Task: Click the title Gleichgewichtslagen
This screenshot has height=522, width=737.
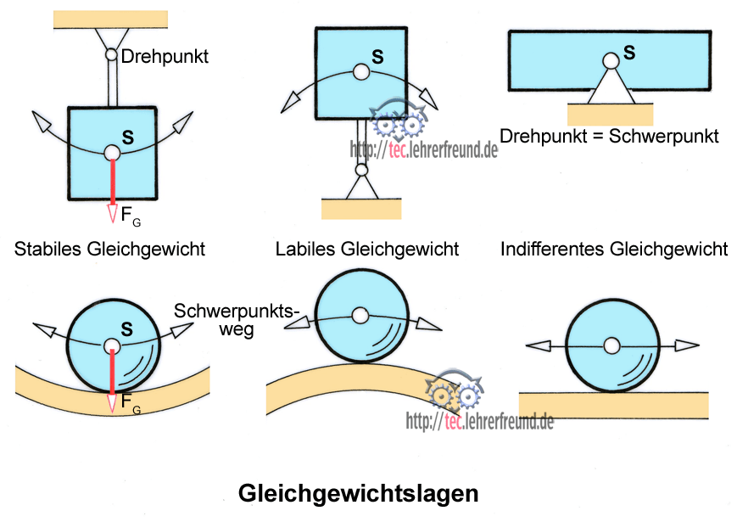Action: coord(359,492)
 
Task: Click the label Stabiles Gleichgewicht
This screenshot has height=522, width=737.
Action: coord(110,249)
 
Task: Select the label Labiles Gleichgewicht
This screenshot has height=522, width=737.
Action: coord(367,249)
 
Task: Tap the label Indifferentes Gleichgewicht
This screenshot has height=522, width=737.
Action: coord(614,249)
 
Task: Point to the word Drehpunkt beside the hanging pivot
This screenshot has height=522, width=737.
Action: coord(165,57)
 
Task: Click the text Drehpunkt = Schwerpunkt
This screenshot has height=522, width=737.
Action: coord(609,136)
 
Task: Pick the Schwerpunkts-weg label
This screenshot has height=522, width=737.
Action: coord(237,319)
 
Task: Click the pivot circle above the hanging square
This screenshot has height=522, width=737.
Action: coord(111,55)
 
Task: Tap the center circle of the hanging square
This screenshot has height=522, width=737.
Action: coord(111,154)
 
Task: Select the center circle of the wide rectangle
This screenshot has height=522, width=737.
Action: coord(610,61)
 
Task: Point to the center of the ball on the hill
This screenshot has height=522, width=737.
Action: coord(361,316)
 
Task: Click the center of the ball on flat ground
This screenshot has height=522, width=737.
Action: coord(611,345)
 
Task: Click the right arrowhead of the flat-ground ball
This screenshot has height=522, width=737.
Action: coord(688,345)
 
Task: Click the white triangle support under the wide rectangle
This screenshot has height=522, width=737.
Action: coord(610,87)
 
